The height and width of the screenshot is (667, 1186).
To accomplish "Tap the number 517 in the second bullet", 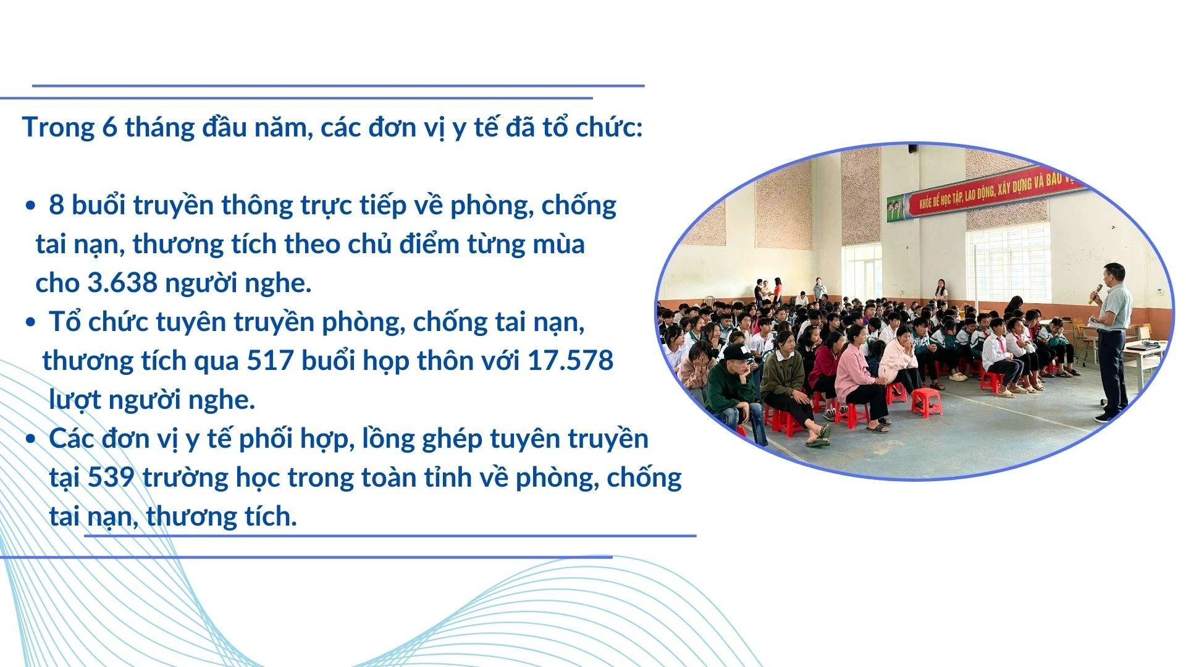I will coord(270,361).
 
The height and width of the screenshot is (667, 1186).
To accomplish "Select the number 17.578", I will coord(570,361).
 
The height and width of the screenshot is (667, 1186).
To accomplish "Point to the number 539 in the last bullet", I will coord(111,477).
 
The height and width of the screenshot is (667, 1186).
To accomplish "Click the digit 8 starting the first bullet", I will coord(56,206).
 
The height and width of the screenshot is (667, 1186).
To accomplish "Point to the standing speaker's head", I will coord(1115,272).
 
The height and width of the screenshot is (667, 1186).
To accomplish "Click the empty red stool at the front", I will coord(926,401).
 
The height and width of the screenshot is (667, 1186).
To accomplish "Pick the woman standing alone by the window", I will coord(941,290).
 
